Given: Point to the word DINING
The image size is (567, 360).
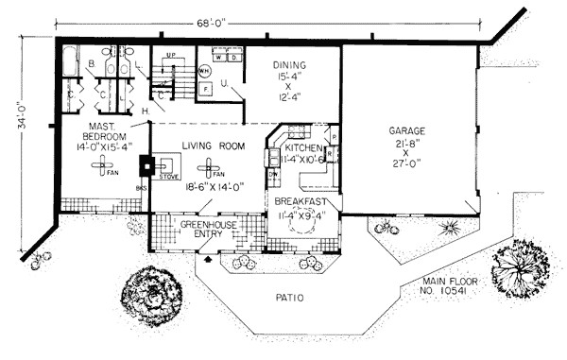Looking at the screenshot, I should [291, 66].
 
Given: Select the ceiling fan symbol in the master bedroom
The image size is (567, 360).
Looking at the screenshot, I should [99, 168].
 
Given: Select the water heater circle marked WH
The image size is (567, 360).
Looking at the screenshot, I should [205, 72].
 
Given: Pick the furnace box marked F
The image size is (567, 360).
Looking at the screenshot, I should [208, 90].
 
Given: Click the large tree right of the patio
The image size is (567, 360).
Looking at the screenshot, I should [519, 263].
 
